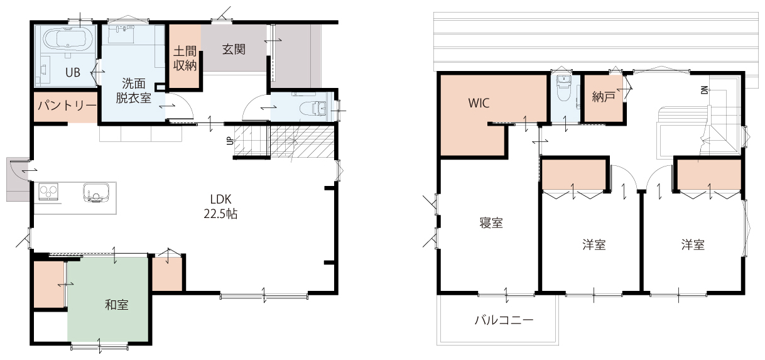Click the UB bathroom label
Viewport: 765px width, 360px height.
tap(73, 72)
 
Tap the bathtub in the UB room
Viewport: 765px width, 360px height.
tap(68, 39)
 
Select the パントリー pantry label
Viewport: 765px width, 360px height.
tap(67, 106)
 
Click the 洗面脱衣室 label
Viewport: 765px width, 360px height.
tap(134, 90)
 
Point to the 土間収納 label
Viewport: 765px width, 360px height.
tap(185, 58)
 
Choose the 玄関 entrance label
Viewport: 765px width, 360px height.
tap(234, 50)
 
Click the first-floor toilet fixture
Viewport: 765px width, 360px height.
tap(313, 108)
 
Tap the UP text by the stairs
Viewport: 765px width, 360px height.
tap(230, 140)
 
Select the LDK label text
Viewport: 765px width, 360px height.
tap(220, 199)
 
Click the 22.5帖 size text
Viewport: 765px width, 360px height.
tap(220, 214)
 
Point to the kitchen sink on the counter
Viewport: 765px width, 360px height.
tap(97, 194)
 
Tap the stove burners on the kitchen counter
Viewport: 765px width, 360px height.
tap(48, 192)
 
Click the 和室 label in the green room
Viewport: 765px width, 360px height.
tap(116, 305)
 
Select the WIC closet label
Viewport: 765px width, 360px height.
tap(479, 103)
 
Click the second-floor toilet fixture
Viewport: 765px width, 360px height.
tap(563, 88)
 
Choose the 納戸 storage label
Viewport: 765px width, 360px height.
tap(604, 97)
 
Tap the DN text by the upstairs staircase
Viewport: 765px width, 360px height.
tap(704, 90)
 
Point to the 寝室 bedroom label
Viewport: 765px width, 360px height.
tap(491, 223)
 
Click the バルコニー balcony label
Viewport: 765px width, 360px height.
tap(504, 320)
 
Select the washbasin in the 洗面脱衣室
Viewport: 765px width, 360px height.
tap(122, 30)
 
